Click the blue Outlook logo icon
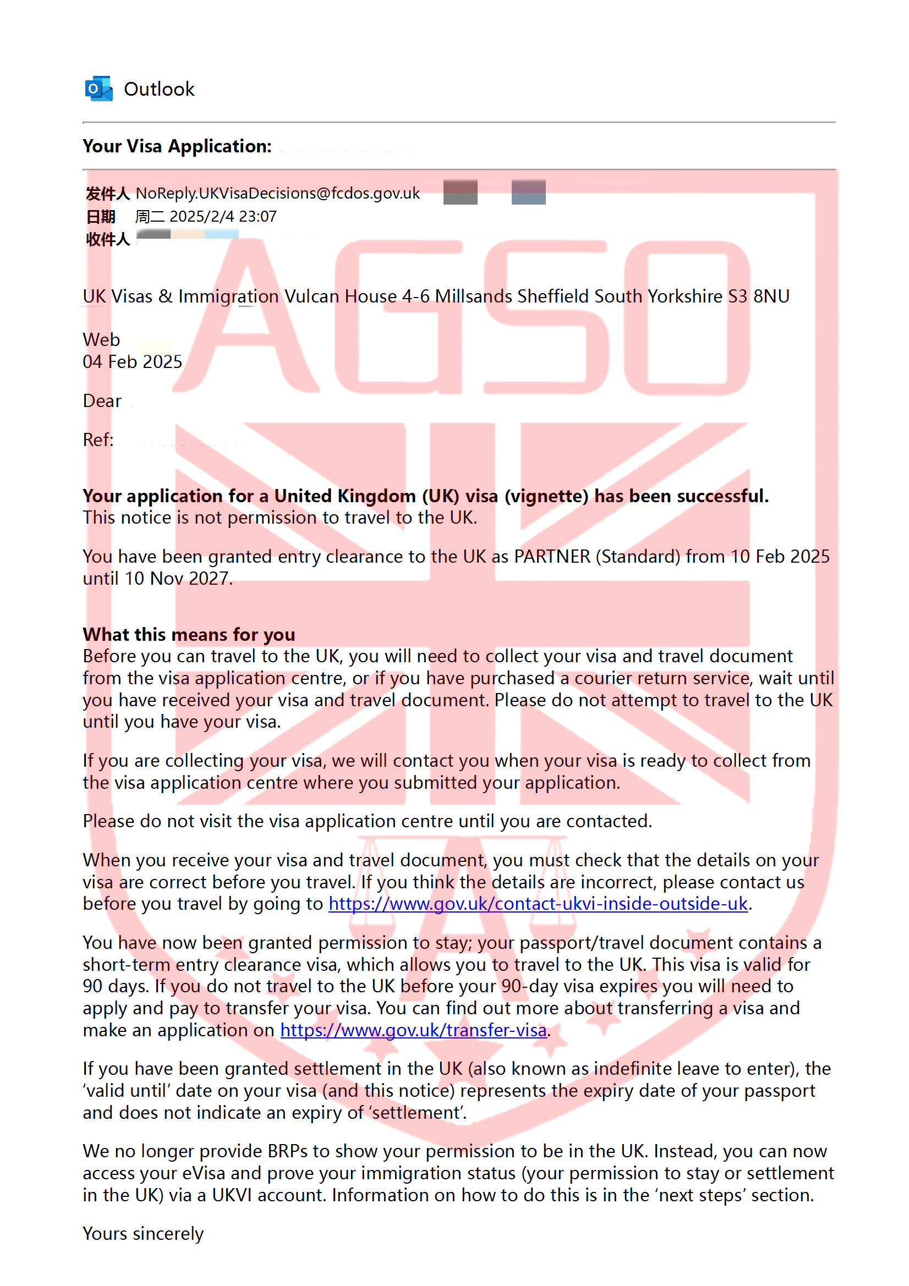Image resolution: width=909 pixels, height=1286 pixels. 98,89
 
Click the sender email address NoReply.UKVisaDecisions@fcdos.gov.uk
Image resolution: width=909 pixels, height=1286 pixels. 277,193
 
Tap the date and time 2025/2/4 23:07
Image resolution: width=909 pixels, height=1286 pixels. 222,217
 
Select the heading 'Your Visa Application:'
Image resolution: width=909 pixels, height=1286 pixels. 177,146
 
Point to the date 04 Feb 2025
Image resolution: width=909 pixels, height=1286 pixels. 132,362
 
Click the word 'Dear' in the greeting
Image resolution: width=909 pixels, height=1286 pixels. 102,401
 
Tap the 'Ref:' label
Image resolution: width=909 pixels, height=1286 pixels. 98,440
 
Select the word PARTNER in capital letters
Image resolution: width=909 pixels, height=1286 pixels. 552,557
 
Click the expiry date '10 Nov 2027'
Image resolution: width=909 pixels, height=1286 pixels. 178,579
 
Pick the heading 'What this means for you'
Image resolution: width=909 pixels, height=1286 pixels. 189,635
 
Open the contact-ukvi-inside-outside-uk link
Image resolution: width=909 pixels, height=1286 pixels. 538,904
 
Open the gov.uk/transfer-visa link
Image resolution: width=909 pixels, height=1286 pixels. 414,1031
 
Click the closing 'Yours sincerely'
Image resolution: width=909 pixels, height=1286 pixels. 143,1234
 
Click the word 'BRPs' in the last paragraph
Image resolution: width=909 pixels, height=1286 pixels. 287,1152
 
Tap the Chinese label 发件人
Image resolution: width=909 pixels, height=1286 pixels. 108,194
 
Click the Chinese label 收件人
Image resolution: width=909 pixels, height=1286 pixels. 108,240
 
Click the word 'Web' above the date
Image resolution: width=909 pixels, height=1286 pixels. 101,340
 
